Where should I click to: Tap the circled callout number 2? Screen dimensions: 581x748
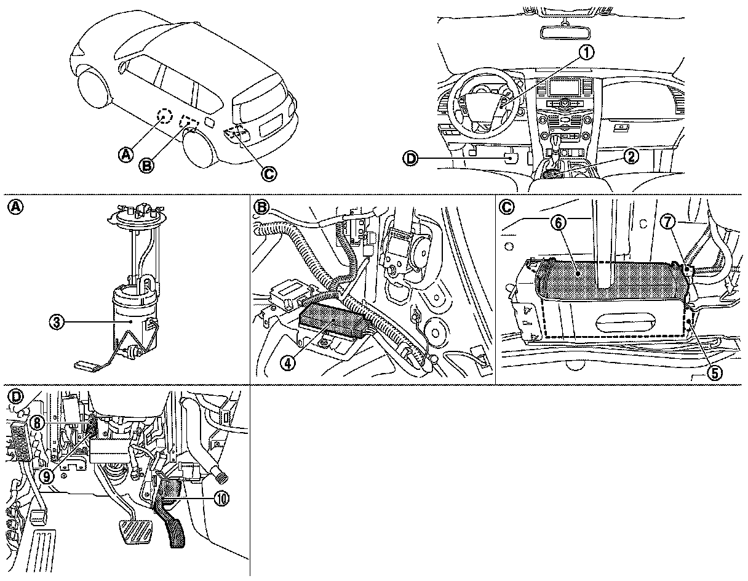630,156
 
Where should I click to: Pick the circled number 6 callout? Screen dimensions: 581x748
557,223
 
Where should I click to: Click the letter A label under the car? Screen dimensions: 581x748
125,153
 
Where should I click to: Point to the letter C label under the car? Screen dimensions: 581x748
268,174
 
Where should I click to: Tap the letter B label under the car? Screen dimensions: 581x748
146,164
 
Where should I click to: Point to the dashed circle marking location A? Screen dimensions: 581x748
164,116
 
